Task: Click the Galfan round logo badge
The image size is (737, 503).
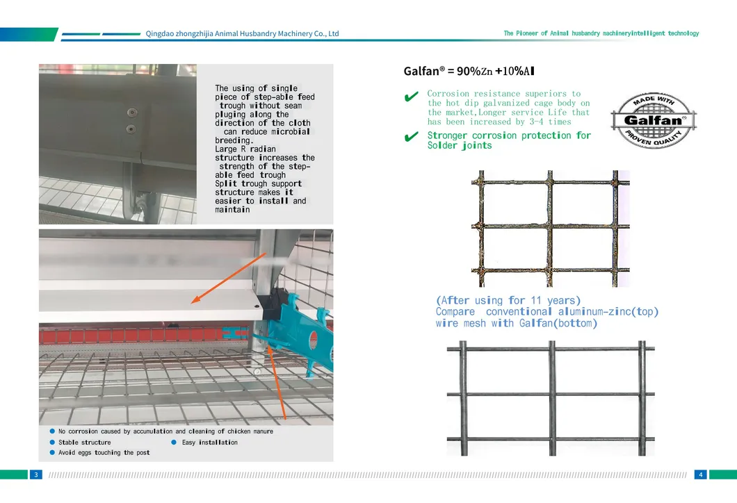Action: click(x=654, y=119)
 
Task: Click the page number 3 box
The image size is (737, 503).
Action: click(x=35, y=475)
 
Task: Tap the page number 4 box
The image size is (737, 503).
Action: click(x=701, y=475)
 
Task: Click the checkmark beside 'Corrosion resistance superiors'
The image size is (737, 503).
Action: click(x=411, y=97)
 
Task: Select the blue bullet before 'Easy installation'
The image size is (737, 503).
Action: click(x=174, y=442)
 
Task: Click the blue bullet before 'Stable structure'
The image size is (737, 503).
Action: click(x=51, y=442)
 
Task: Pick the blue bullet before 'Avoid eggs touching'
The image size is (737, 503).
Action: click(x=51, y=452)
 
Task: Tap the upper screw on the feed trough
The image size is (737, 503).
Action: click(x=129, y=113)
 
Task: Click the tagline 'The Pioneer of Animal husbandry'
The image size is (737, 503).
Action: click(x=601, y=33)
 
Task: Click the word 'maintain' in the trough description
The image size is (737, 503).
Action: click(x=232, y=210)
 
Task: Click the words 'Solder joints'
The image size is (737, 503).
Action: click(x=460, y=146)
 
